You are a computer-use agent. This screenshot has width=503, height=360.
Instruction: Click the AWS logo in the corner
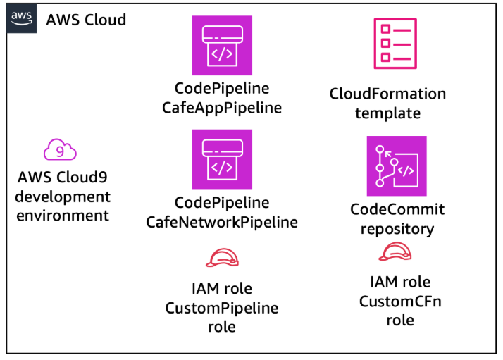pos(21,19)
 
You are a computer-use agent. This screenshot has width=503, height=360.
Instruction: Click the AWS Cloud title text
pos(86,19)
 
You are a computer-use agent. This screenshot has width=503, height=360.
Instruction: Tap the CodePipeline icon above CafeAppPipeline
pos(222,46)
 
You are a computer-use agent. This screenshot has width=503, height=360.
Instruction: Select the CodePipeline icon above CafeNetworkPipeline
pos(222,159)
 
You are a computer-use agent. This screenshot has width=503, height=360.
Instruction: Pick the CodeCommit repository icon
pos(397,166)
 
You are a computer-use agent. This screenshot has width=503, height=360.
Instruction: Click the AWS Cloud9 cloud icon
pos(61,150)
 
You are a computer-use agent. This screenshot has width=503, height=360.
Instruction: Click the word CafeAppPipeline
pos(222,108)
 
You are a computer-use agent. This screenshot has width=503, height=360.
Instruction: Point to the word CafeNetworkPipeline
pos(222,223)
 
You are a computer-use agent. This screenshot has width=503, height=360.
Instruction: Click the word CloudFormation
pos(387,94)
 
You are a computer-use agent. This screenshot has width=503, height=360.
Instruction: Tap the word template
pos(387,113)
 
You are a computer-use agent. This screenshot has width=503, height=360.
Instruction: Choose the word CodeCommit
pos(397,210)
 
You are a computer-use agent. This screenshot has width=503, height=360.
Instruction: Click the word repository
pos(397,229)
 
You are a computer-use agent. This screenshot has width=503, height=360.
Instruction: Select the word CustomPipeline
pos(222,308)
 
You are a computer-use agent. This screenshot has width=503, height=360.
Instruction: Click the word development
pos(64,197)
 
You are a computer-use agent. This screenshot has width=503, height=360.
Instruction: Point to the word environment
pos(63,216)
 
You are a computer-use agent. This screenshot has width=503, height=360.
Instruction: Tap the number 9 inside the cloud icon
pos(61,151)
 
